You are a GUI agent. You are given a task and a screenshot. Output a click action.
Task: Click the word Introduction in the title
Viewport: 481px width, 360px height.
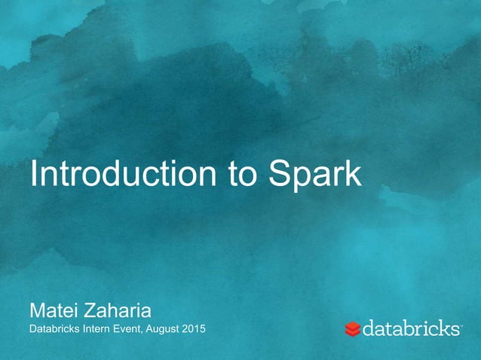[x=121, y=175]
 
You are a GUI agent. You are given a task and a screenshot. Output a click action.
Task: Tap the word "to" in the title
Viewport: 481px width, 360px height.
[x=241, y=175]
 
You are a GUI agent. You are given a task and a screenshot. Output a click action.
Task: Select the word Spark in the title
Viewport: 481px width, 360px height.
[x=314, y=175]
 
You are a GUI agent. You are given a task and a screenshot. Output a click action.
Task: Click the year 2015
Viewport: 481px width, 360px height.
[x=195, y=330]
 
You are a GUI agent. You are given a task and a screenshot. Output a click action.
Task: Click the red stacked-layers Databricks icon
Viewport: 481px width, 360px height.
[x=353, y=329]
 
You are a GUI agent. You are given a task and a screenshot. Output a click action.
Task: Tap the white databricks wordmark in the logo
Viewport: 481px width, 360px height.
[x=412, y=328]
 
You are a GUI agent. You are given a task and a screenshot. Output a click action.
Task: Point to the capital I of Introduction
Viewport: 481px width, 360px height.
[x=32, y=175]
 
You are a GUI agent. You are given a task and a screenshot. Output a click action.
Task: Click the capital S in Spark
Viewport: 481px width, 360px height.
[x=279, y=175]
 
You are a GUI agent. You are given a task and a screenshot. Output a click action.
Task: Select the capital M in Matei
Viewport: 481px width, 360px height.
[x=35, y=310]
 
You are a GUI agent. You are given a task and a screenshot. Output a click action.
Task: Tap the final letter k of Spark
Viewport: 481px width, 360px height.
[x=355, y=175]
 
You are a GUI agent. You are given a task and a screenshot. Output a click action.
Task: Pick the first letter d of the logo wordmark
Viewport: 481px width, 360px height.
[x=370, y=328]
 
